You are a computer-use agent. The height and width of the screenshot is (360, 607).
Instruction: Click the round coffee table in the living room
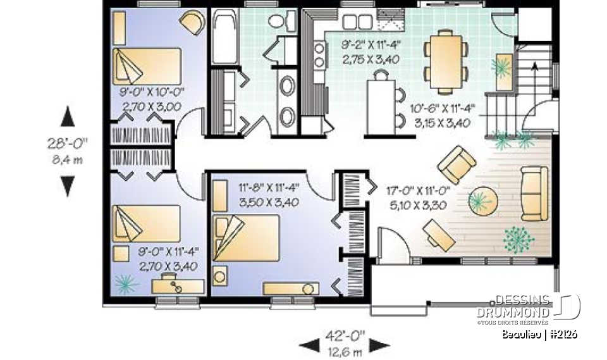click(482, 201)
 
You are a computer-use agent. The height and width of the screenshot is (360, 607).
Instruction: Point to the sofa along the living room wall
click(534, 194)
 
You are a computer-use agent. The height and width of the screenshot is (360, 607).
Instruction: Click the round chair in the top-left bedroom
click(192, 23)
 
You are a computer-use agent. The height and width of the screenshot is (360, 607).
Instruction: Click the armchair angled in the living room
click(457, 164)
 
